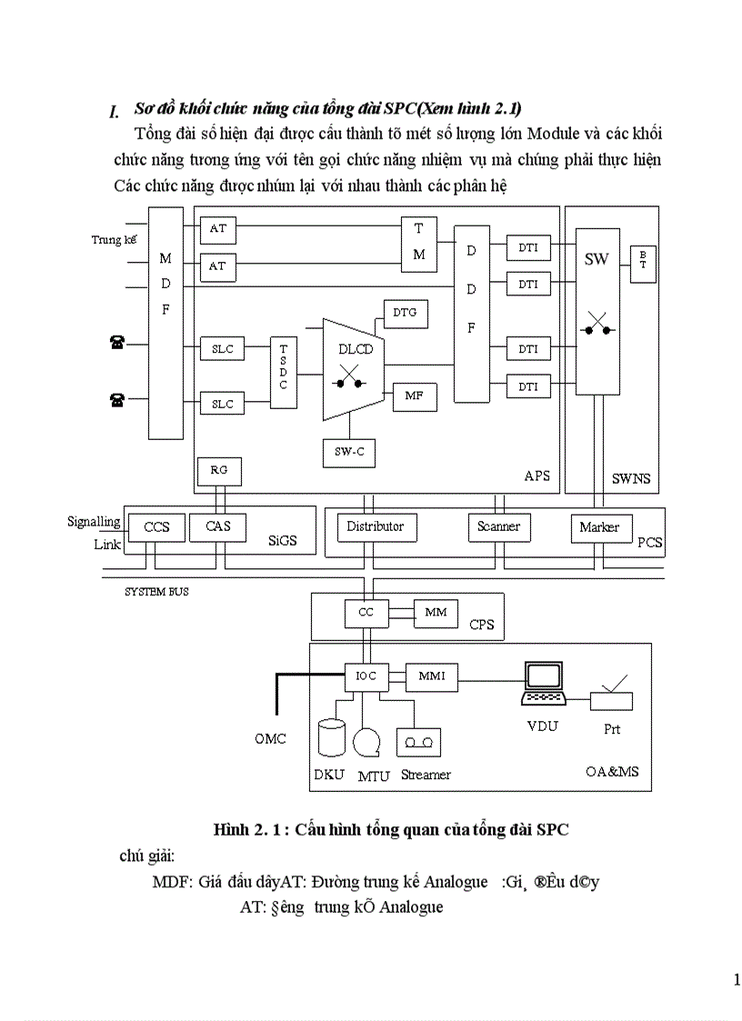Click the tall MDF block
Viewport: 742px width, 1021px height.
[x=166, y=323]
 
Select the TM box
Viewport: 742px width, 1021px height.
[x=419, y=243]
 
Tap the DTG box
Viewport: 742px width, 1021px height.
[x=405, y=313]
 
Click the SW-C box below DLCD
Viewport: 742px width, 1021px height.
[x=349, y=452]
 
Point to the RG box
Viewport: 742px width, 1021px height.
[x=219, y=470]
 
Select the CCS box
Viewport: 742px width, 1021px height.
[x=156, y=527]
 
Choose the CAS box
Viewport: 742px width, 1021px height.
[x=218, y=527]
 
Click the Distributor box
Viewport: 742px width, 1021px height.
[x=376, y=527]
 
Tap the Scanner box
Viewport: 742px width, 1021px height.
[x=498, y=527]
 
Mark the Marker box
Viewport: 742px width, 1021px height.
[x=600, y=528]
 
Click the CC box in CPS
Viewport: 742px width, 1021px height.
[x=366, y=614]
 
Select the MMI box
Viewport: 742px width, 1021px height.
[x=431, y=676]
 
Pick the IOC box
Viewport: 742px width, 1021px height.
[x=366, y=676]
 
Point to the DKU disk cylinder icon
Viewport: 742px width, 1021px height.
[x=333, y=737]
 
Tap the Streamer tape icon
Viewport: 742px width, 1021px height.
[x=419, y=743]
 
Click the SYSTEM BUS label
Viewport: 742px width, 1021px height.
[x=156, y=592]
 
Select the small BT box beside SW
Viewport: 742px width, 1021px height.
[x=642, y=263]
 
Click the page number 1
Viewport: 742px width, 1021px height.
[x=736, y=980]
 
